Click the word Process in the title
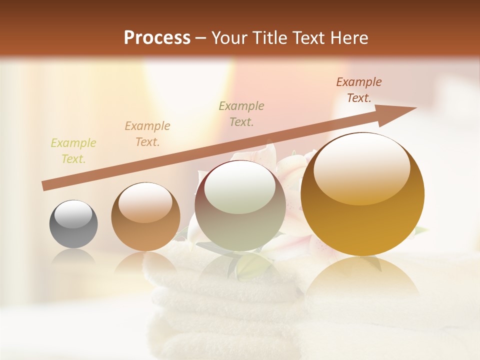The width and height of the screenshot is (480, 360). (157, 38)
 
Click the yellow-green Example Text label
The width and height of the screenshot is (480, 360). (73, 151)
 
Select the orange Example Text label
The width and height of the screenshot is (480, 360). (147, 133)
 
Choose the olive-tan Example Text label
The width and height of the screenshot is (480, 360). (241, 113)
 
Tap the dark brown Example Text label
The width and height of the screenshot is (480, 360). (359, 89)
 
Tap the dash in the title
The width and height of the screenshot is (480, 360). (201, 38)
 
